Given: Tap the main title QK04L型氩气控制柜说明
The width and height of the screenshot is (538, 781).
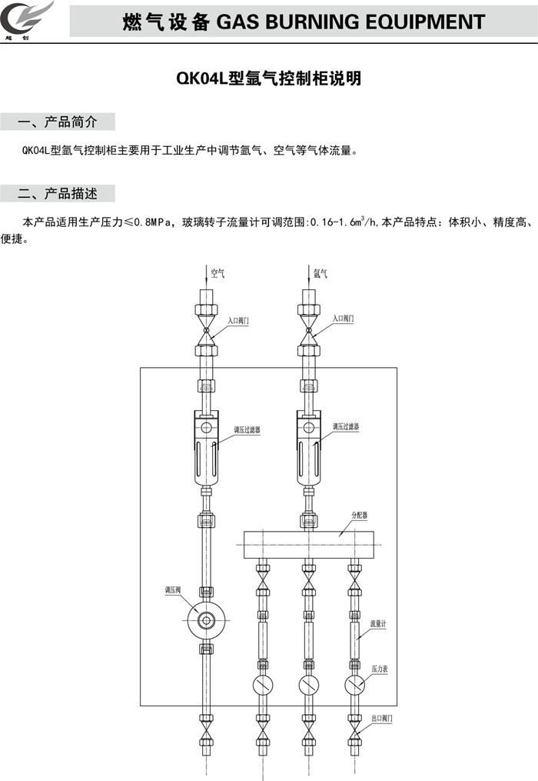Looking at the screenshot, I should click(x=268, y=78).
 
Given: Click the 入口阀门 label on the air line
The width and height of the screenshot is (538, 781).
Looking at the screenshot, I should click(x=238, y=318).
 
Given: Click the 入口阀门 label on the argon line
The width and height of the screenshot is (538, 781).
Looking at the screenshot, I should click(x=343, y=318).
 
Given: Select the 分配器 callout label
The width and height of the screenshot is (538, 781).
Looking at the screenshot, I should click(x=360, y=513).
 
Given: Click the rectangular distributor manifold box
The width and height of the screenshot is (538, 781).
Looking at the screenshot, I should click(x=308, y=544).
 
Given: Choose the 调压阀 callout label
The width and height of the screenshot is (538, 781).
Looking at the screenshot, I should click(x=172, y=590).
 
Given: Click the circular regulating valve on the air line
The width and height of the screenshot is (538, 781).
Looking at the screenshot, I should click(x=207, y=619).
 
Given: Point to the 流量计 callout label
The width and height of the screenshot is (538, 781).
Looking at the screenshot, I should click(x=377, y=624).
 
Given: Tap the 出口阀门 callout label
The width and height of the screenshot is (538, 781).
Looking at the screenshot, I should click(x=382, y=716).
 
